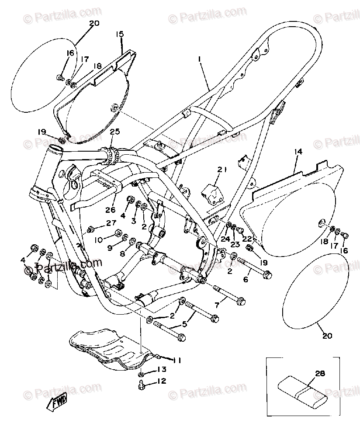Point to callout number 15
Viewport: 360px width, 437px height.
(x=120, y=34)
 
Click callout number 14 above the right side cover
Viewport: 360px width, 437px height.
(x=298, y=152)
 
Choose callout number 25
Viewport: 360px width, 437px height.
(x=114, y=132)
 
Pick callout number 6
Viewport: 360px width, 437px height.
(x=246, y=280)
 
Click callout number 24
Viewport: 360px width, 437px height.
(x=225, y=239)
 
